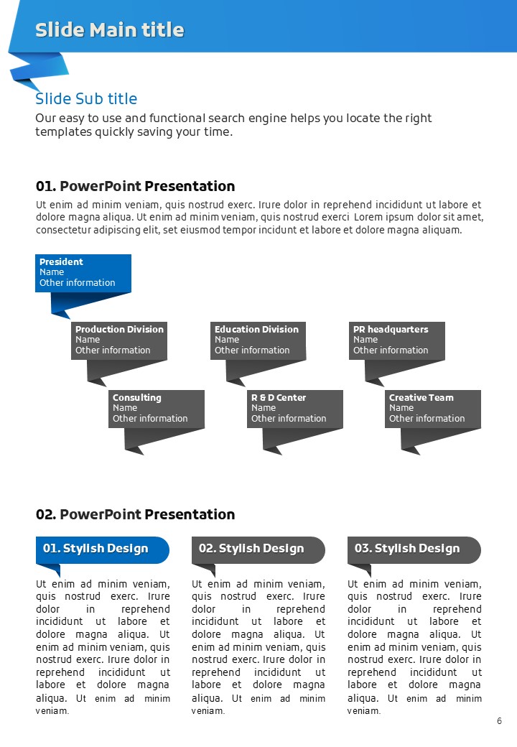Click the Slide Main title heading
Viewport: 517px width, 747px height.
point(110,29)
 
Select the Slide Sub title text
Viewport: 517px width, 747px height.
point(86,99)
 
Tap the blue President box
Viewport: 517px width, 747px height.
point(83,272)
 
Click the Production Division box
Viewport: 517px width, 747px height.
point(119,340)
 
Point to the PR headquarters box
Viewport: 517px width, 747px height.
point(397,340)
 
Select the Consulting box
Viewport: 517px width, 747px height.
point(157,408)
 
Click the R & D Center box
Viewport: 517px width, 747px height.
point(295,408)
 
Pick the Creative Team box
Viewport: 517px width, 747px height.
point(433,408)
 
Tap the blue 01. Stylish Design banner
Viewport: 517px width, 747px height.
point(102,549)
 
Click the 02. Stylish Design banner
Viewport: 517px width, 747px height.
point(258,549)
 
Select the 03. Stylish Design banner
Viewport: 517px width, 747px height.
point(414,549)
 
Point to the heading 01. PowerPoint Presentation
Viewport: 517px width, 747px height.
point(135,187)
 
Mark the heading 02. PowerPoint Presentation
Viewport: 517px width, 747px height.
point(135,514)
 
